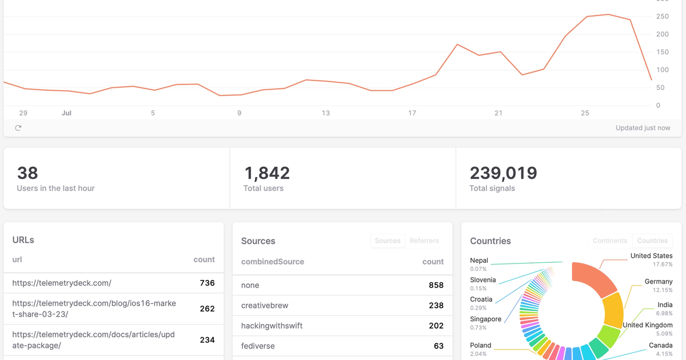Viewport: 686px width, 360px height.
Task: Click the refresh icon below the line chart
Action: (x=18, y=128)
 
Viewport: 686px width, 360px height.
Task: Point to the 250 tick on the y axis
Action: (x=662, y=17)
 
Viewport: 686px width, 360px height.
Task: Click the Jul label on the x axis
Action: (x=66, y=113)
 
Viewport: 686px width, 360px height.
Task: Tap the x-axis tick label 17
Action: (x=412, y=113)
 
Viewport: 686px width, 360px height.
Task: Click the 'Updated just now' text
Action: (x=643, y=128)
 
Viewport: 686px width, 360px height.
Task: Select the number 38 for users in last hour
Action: (x=27, y=173)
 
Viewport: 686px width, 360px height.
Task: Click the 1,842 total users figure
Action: (x=267, y=173)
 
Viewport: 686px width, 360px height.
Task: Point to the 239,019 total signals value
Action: (x=503, y=173)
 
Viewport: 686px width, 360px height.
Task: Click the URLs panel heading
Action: (x=23, y=240)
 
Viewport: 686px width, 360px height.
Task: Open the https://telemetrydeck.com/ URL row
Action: (x=62, y=283)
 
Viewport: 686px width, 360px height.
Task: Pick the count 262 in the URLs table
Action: (x=207, y=309)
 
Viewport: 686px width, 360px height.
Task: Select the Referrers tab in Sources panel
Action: (x=424, y=241)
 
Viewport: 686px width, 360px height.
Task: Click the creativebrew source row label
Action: (x=264, y=305)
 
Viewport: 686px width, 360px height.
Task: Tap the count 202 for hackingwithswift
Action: (x=436, y=326)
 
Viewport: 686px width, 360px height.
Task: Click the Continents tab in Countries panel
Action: (x=610, y=241)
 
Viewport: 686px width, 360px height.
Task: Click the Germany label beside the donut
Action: (x=659, y=281)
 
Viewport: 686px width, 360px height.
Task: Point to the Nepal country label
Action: (x=479, y=261)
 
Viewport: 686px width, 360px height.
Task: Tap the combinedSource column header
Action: (x=273, y=262)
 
